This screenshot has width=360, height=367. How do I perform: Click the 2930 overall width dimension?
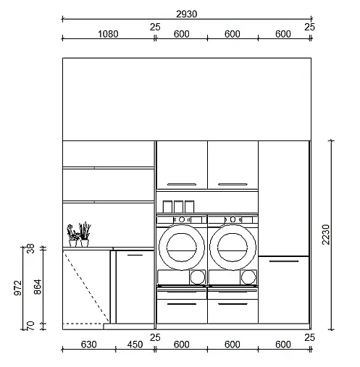[x=186, y=14]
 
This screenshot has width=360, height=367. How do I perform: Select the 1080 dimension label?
[x=108, y=34]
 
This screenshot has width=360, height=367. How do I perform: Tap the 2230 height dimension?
[x=326, y=235]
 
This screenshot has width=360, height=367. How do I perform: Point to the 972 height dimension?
[x=18, y=288]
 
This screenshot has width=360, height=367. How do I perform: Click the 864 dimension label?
[x=38, y=287]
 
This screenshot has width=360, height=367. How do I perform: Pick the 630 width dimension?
[x=88, y=345]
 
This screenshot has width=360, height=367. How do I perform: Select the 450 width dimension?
[x=135, y=345]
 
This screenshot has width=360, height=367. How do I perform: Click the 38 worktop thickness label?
[x=30, y=249]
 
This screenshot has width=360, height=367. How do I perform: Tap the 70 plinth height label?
[x=30, y=326]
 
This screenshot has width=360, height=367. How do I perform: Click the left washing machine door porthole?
[x=182, y=248]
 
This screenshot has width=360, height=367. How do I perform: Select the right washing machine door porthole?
[x=233, y=248]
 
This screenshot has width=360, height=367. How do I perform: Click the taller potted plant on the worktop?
[x=85, y=234]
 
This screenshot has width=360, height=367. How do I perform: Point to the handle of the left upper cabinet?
[x=182, y=185]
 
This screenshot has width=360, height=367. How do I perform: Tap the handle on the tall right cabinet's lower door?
[x=284, y=261]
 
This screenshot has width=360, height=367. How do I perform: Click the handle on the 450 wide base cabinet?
[x=135, y=255]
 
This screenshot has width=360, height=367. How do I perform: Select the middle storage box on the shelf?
[x=178, y=207]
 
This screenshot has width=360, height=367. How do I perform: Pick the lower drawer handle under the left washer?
[x=182, y=304]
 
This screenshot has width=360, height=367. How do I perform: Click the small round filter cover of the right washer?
[x=248, y=277]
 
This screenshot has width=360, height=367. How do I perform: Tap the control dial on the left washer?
[x=182, y=219]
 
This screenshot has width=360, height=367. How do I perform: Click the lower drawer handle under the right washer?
[x=233, y=304]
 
